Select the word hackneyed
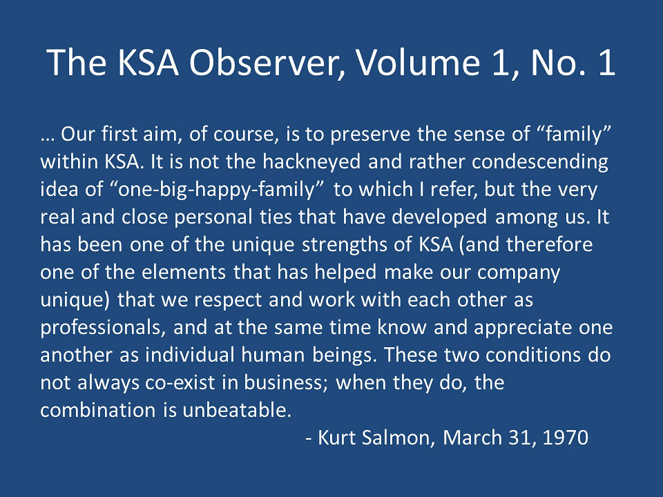311,162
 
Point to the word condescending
540,162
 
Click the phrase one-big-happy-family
216,190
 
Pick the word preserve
370,135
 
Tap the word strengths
344,245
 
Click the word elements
184,272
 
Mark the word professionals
103,327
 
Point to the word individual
190,355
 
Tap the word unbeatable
237,410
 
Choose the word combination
98,410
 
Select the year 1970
566,438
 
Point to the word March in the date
472,438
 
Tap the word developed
439,217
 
